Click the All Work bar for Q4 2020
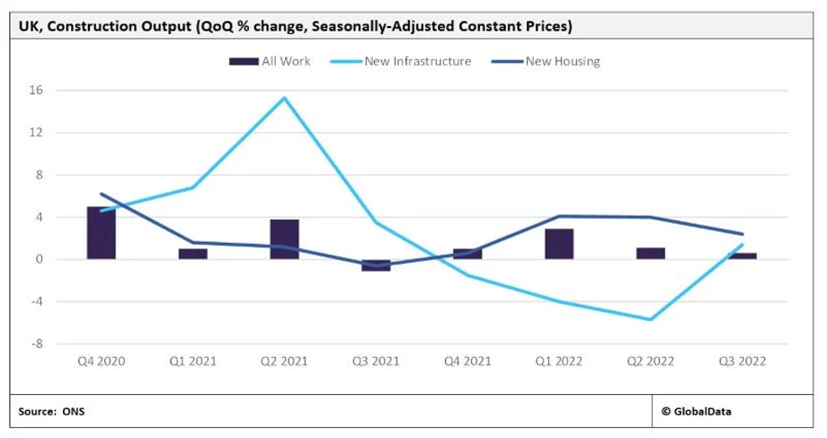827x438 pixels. [x=102, y=233]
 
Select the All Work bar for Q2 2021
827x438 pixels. [x=284, y=239]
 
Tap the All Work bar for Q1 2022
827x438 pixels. [x=558, y=244]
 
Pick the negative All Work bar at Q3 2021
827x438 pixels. [x=376, y=264]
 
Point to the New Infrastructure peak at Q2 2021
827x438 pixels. [x=284, y=98]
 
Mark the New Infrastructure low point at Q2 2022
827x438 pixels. [x=650, y=319]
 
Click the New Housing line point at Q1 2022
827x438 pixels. [x=558, y=216]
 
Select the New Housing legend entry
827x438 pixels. [x=563, y=61]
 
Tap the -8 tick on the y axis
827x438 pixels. [x=37, y=344]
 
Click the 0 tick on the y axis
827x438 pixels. [x=40, y=259]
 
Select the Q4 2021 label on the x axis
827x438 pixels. [x=467, y=362]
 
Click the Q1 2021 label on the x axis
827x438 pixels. [x=192, y=362]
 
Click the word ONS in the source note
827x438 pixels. [x=74, y=411]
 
